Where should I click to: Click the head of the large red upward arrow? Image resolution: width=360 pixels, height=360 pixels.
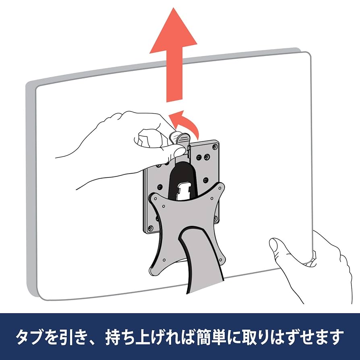point(173,34)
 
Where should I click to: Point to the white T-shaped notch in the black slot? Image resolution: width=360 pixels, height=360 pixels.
point(184,189)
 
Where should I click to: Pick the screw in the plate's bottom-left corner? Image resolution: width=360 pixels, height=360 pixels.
point(151,228)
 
